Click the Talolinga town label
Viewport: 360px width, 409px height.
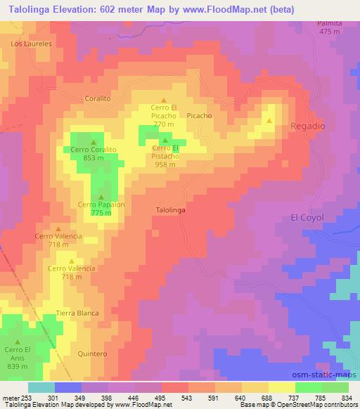pos(169,209)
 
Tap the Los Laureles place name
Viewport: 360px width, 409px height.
pos(32,43)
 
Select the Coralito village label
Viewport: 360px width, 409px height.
pos(98,99)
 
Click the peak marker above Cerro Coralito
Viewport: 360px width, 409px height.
pos(93,142)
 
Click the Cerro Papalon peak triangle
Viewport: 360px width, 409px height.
pos(102,197)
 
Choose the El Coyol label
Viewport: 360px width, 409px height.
pos(307,218)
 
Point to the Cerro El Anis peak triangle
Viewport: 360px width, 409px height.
pos(18,342)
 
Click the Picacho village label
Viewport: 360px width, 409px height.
pos(199,115)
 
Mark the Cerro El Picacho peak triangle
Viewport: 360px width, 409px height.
pos(165,100)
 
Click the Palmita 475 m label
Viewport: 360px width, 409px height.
pos(330,27)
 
